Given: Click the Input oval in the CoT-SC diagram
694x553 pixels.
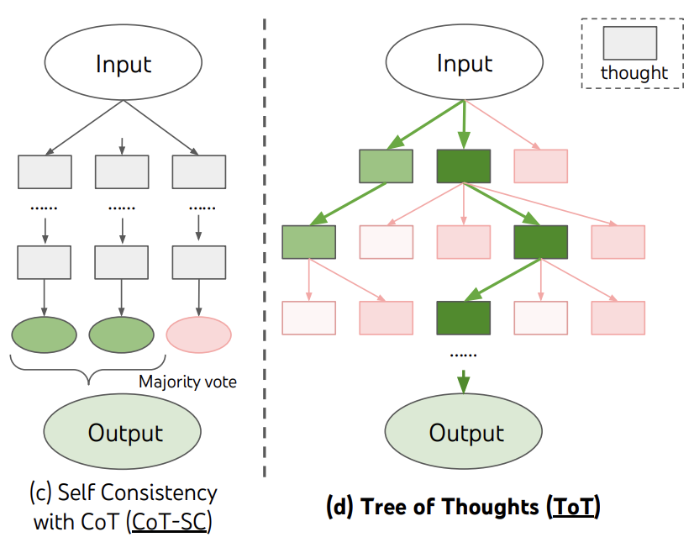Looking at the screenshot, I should coord(124,65).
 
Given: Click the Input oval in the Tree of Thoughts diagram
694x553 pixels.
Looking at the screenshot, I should coord(465,64).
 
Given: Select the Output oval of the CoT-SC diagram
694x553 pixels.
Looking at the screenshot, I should coord(125,433).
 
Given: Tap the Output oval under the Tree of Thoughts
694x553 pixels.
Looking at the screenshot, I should coord(466,433).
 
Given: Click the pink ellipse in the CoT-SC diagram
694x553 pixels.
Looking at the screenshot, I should coord(198,335).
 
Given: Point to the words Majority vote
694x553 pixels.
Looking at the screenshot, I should coord(188,382).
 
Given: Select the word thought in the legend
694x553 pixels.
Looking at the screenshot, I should coord(634,73).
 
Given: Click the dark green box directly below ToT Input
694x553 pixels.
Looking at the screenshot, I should coord(464,166).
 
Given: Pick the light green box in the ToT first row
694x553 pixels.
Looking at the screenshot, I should coord(386,166).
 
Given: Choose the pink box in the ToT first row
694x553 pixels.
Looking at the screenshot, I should coord(540,166).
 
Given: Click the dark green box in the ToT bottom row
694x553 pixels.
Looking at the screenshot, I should coord(464,318).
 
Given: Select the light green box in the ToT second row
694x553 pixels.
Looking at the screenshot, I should coord(309,242).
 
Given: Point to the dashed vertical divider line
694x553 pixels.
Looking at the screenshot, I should coord(266,252).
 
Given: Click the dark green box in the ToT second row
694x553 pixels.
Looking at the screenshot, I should coord(541,242).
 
